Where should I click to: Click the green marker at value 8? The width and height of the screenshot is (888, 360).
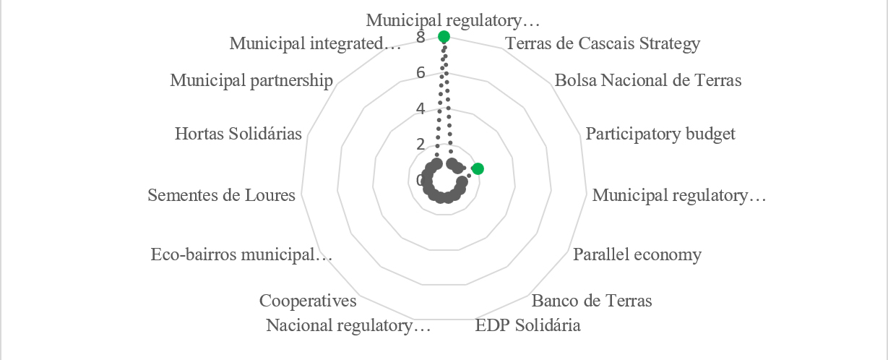click(x=444, y=36)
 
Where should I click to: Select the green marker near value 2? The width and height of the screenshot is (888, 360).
click(x=477, y=169)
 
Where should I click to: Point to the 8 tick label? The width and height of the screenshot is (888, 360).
click(x=421, y=37)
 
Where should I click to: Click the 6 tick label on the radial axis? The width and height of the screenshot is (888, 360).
click(x=421, y=72)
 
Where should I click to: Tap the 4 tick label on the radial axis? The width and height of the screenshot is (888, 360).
click(x=421, y=108)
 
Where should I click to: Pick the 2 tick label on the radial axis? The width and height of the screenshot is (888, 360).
click(x=421, y=144)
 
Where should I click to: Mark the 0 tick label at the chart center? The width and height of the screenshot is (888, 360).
click(x=421, y=180)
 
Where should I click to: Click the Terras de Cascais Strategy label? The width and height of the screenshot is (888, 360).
click(x=603, y=43)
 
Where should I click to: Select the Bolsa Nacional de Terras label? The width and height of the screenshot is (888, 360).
click(x=648, y=80)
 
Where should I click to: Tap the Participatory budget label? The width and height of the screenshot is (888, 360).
click(x=660, y=134)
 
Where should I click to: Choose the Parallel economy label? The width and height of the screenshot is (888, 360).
click(x=637, y=254)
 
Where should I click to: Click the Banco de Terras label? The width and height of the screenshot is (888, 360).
click(x=591, y=301)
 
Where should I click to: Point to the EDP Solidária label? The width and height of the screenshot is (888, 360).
click(x=527, y=325)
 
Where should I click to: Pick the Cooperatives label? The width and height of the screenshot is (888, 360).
click(x=307, y=301)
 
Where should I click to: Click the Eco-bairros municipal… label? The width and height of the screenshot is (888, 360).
click(x=241, y=254)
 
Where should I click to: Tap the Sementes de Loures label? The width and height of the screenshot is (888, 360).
click(x=221, y=195)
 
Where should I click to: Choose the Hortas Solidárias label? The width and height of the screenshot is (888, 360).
click(x=238, y=134)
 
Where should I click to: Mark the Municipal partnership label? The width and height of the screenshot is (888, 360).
click(x=251, y=80)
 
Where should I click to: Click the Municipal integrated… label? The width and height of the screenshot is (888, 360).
click(x=315, y=43)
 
